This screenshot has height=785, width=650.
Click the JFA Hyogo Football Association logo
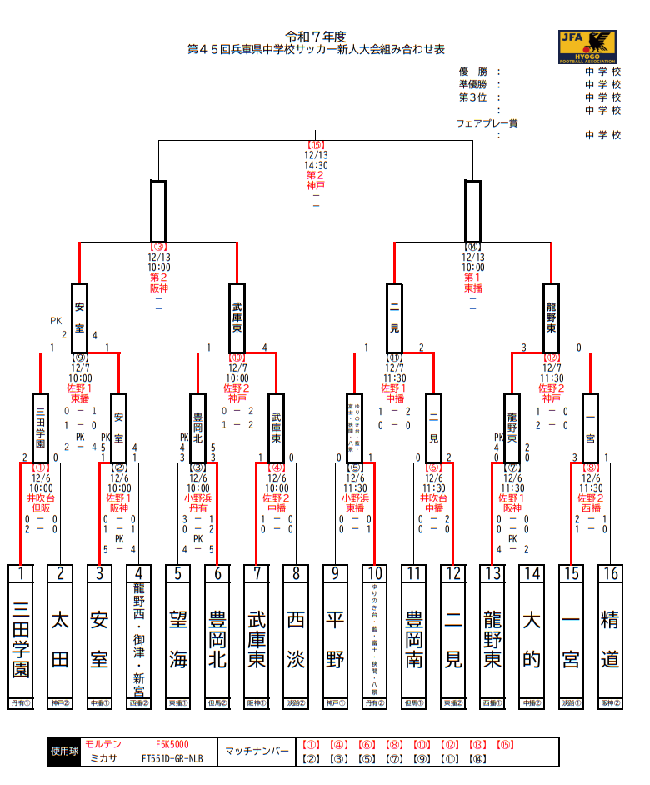[587, 47]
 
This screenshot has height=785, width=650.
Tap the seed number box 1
[22, 573]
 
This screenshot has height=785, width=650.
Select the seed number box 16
[610, 573]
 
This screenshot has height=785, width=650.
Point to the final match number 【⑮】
[316, 144]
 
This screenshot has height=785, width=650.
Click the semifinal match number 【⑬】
[158, 247]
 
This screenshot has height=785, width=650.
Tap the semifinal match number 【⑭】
[472, 247]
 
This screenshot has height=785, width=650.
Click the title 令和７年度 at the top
[316, 37]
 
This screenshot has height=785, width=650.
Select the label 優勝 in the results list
[472, 72]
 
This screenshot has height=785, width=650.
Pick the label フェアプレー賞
[487, 122]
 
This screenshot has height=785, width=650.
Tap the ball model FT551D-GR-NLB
[172, 758]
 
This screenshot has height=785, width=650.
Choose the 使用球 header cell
[64, 752]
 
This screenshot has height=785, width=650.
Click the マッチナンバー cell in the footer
[257, 752]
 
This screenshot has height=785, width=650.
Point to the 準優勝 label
[475, 84]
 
